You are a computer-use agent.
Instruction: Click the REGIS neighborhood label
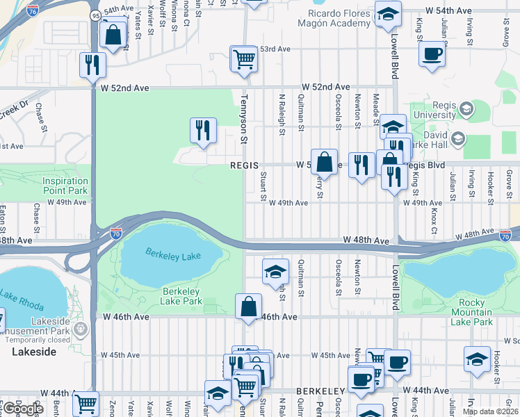[245, 165]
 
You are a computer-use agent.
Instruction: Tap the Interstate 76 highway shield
[32, 10]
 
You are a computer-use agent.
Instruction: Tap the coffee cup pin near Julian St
[431, 54]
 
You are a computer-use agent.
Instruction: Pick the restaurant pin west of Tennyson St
[203, 130]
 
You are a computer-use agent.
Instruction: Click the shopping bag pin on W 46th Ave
[248, 306]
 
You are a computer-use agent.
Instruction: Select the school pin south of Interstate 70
[276, 271]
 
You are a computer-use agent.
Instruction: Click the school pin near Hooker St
[477, 359]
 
